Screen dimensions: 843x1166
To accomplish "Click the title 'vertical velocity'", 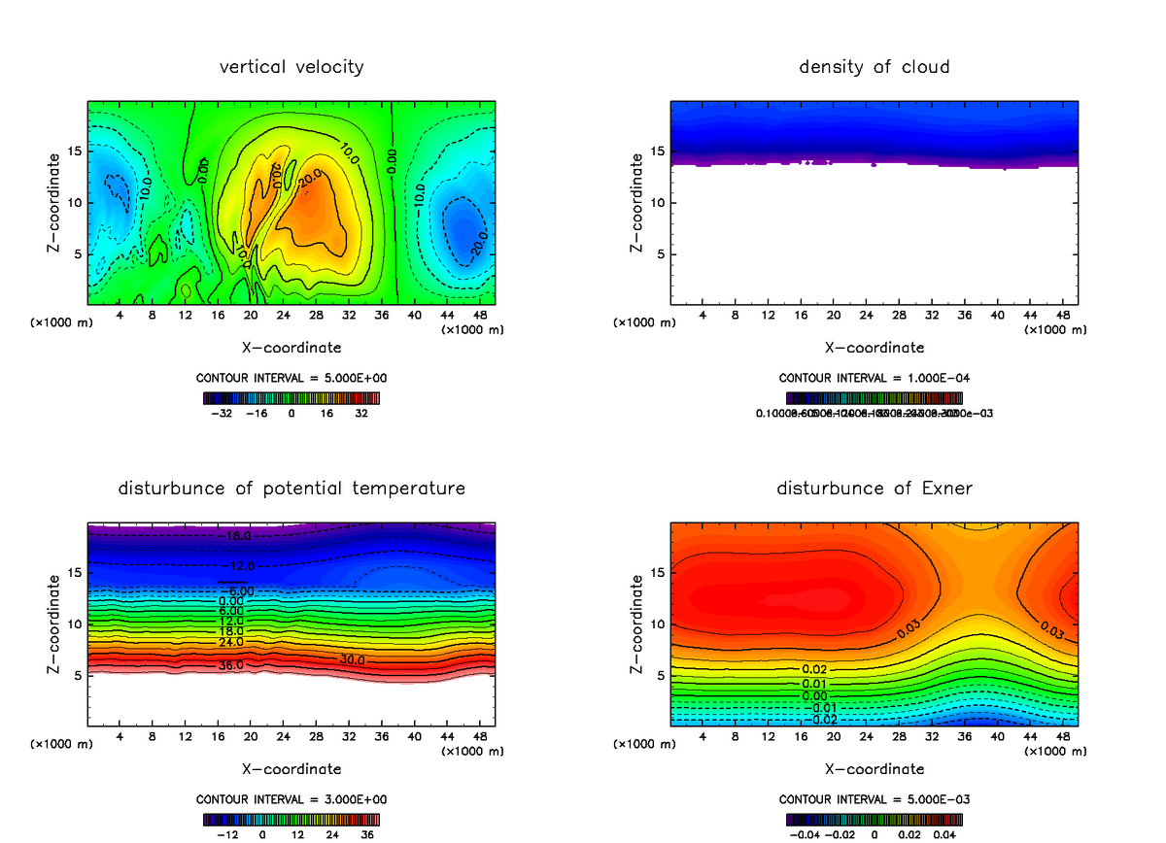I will (291, 67).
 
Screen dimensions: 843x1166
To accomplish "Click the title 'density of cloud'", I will (874, 67).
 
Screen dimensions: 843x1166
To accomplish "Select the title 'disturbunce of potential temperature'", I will (291, 488).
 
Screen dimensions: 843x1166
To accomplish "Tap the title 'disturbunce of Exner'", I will (874, 488).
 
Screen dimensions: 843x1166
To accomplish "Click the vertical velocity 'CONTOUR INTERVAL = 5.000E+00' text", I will (291, 378).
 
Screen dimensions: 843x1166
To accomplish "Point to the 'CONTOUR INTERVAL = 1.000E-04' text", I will (874, 378).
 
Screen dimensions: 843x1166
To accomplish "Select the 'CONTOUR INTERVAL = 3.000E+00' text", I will (291, 799).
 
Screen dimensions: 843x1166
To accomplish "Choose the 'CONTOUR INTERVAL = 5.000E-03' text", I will (874, 799).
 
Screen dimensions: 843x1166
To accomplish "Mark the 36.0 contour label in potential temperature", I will (230, 665).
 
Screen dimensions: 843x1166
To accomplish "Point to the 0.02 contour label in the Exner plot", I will (815, 669).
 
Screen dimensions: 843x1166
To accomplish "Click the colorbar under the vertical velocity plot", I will (291, 397).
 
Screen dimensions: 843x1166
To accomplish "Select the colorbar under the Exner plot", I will (874, 819).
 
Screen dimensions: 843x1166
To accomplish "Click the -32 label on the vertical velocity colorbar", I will (225, 413).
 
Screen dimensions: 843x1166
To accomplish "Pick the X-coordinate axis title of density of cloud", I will (874, 348).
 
